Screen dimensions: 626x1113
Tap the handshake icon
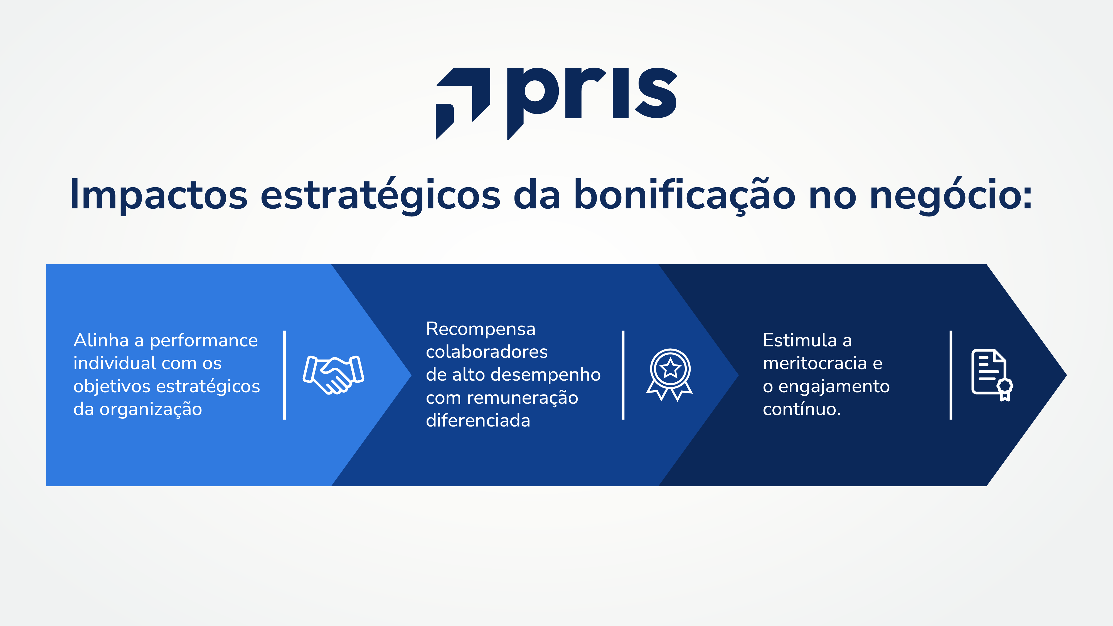click(333, 374)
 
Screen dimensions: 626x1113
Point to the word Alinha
click(101, 341)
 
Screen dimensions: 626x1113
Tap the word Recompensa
click(481, 329)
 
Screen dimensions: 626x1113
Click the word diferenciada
click(478, 421)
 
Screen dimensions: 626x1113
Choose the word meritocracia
click(814, 363)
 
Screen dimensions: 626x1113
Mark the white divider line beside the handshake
click(284, 375)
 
